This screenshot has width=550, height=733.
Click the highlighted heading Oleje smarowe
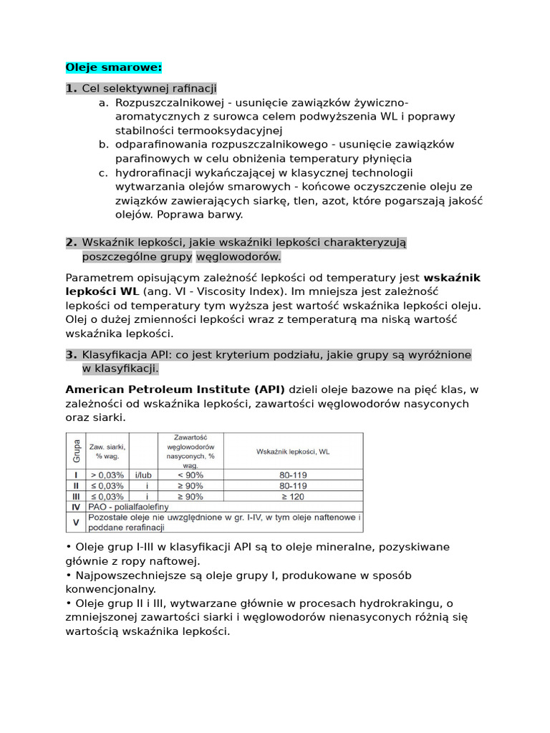point(114,67)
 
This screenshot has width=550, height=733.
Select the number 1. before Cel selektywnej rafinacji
point(71,88)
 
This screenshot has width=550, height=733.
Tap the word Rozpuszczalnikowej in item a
point(165,102)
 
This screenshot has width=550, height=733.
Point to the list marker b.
point(104,145)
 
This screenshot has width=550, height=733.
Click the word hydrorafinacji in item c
point(154,173)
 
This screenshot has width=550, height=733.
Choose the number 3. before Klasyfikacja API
point(71,355)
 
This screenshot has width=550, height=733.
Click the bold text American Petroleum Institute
point(175,389)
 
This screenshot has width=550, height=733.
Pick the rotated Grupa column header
point(76,452)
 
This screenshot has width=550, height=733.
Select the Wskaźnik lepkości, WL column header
point(293,452)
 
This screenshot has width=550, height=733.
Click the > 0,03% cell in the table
point(109,475)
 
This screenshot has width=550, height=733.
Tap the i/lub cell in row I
point(146,475)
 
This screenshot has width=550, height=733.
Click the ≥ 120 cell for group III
point(293,495)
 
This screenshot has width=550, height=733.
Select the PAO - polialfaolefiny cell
point(129,506)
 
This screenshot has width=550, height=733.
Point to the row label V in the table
point(76,522)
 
